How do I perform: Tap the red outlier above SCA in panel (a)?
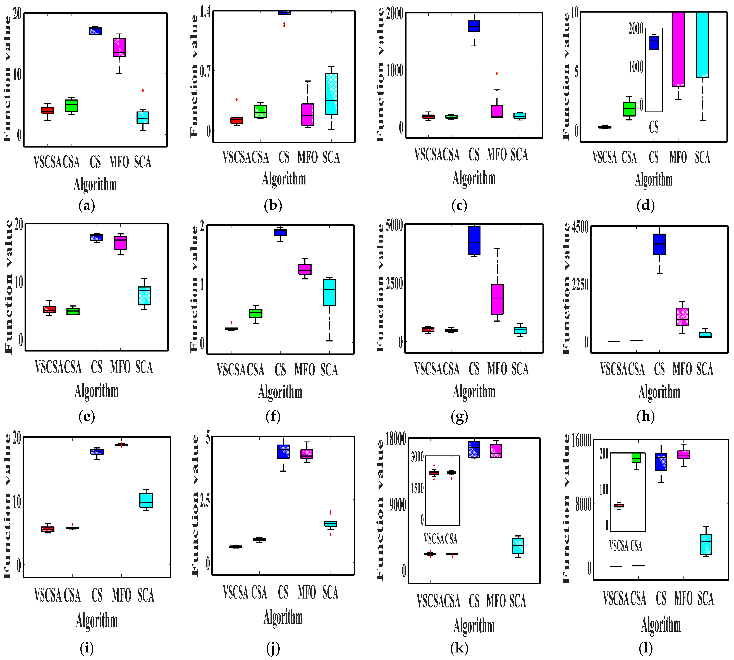pos(143,90)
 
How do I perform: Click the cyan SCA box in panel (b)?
pos(331,94)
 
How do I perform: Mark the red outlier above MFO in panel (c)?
pos(497,74)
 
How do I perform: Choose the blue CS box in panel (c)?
pos(474,26)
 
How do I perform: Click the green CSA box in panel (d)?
pos(629,109)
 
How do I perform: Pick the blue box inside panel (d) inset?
pos(654,43)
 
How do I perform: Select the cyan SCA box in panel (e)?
pos(144,296)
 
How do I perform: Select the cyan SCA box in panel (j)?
pos(331,523)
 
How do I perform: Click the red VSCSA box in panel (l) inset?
pos(619,505)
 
